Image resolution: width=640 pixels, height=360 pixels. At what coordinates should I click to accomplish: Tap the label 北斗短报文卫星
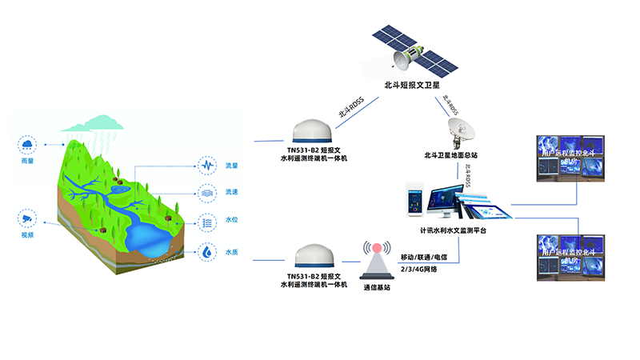point(413,86)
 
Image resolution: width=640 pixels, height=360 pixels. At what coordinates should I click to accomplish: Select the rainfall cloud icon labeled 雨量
point(29,145)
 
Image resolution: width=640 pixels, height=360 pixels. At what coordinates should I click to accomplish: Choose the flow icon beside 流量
point(207,166)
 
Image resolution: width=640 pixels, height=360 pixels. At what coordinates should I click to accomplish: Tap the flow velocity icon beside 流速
point(207,193)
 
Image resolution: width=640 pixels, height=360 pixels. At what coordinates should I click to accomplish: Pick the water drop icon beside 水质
point(207,252)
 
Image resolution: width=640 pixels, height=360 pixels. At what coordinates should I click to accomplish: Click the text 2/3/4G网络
point(418,269)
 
